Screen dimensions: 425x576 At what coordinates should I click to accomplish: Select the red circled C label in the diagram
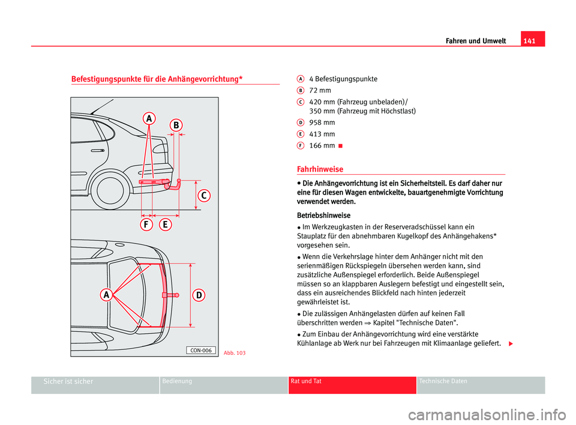coord(204,196)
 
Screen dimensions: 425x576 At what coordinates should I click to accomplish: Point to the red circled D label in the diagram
coord(199,295)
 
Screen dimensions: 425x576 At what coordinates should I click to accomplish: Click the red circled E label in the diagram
coord(166,225)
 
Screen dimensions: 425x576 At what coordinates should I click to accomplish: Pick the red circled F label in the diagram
coord(146,225)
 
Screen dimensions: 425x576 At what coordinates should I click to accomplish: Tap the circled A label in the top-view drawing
coord(106,295)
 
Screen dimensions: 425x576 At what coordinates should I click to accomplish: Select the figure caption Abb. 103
coord(234,353)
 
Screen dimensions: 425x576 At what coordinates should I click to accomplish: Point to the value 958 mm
coord(322,122)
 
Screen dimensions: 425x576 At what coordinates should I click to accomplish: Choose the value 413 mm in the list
coord(322,134)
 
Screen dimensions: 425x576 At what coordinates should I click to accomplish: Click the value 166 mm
coord(322,145)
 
